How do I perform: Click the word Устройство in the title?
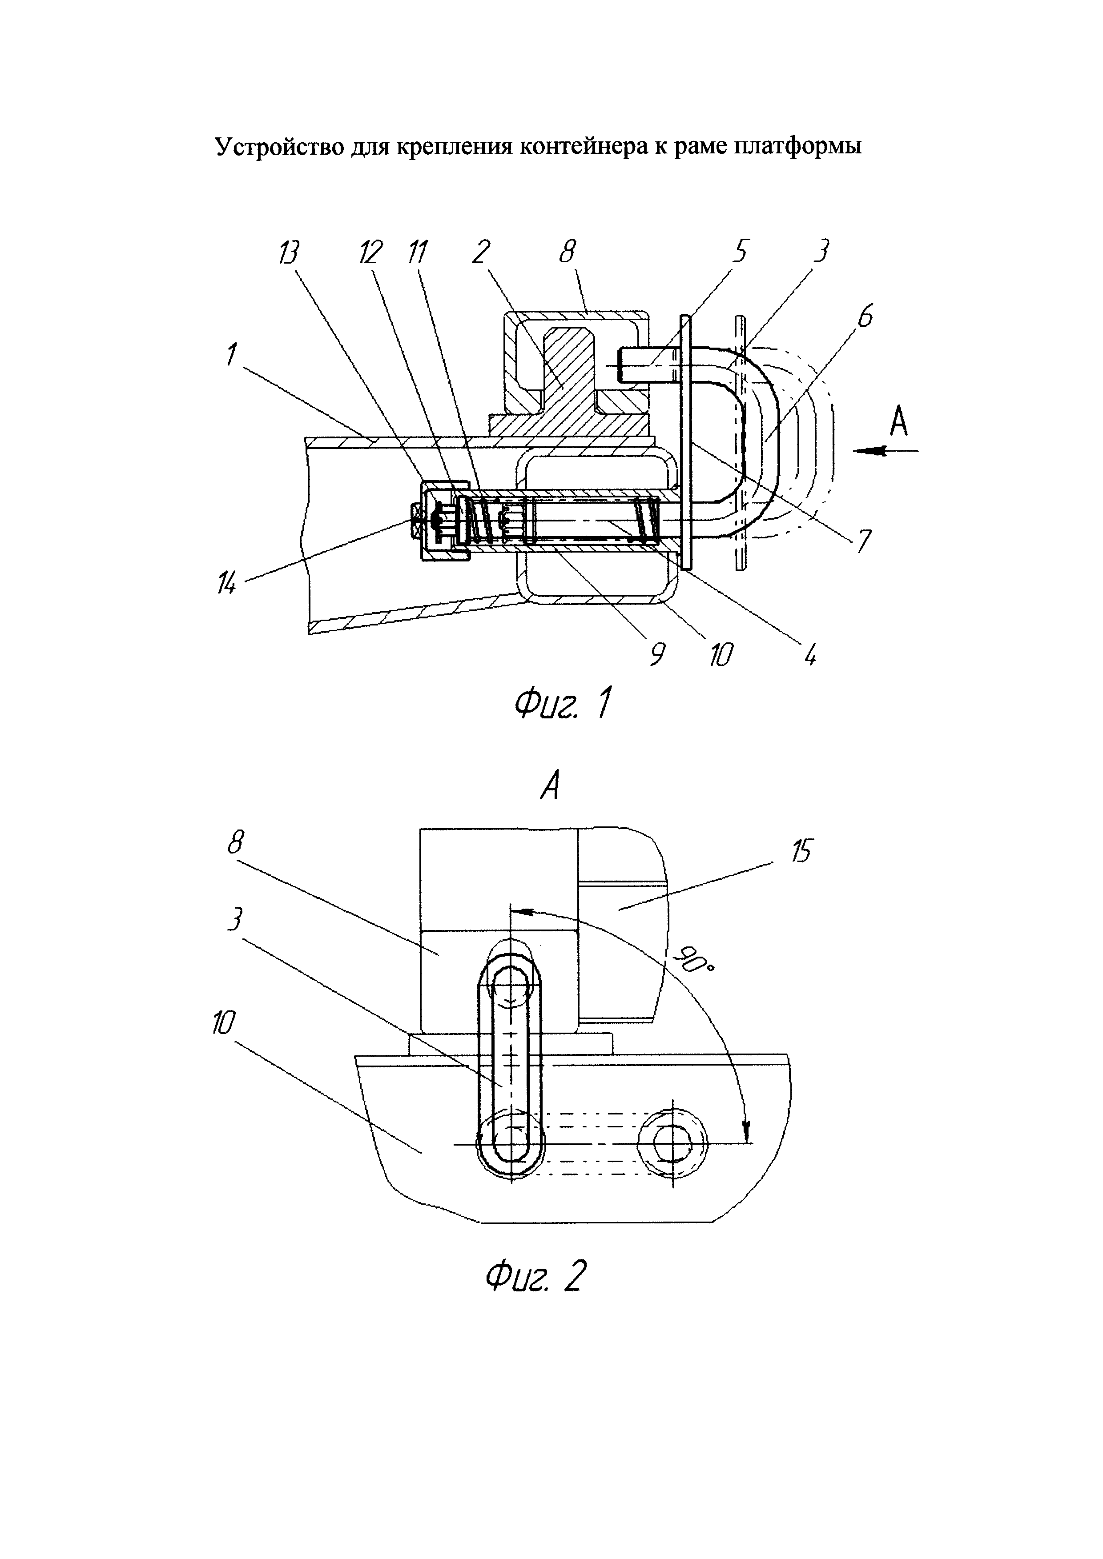279,147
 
